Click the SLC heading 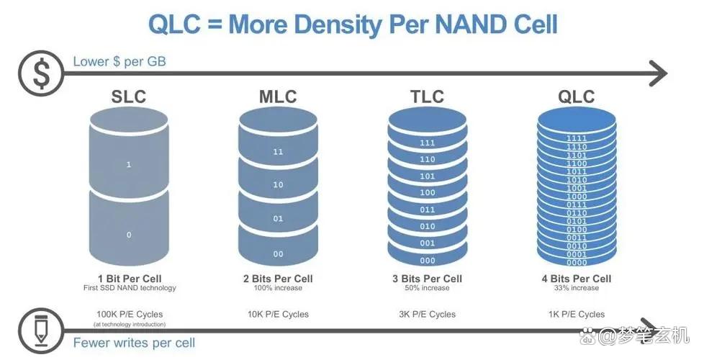pos(129,96)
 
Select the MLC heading pos(277,96)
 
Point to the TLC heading pos(426,96)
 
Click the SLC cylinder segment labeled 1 pos(129,165)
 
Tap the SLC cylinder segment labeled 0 pos(129,234)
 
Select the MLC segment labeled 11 pos(278,152)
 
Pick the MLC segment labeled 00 pos(278,253)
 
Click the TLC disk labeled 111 pos(427,143)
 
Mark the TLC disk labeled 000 pos(427,261)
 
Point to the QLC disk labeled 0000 pos(576,262)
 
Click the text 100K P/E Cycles pos(130,314)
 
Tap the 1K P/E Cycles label pos(576,314)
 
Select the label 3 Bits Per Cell pos(427,279)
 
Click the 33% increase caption pos(576,288)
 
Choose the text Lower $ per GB pos(119,61)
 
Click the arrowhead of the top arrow pos(659,73)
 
